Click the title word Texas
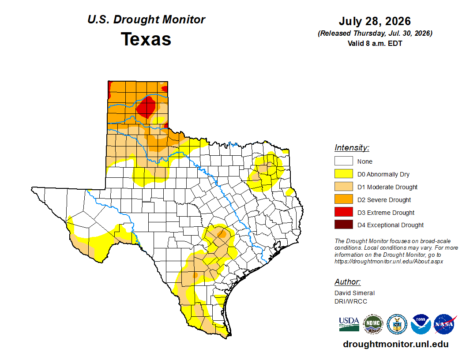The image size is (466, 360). tap(146, 39)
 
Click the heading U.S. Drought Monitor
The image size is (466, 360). tap(146, 19)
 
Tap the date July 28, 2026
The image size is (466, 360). tap(375, 21)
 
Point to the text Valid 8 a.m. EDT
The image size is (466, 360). tap(375, 43)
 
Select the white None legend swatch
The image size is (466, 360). tap(344, 161)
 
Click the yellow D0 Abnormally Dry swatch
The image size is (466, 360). tap(344, 174)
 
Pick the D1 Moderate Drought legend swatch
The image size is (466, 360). tap(344, 187)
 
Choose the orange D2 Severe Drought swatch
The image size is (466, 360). tap(344, 199)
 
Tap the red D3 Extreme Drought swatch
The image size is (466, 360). tap(344, 212)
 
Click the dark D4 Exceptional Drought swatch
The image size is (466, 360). tap(344, 225)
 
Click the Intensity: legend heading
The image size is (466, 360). tap(352, 148)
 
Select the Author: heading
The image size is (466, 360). tap(347, 282)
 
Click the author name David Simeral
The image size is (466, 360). tap(354, 293)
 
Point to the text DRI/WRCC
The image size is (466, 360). tap(351, 301)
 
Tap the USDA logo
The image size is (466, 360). tap(349, 324)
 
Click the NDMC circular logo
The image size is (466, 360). tap(373, 324)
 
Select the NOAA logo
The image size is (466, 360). tap(421, 324)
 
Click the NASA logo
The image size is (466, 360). tap(444, 324)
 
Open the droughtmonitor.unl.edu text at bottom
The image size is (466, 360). tap(395, 344)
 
